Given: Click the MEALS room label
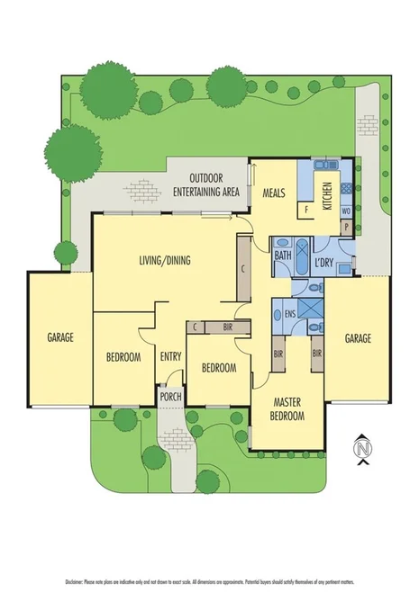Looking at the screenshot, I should click(x=274, y=193).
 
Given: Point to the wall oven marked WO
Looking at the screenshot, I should click(x=345, y=211).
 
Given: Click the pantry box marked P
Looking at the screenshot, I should click(x=345, y=228).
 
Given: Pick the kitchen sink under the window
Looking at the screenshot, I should click(x=323, y=167).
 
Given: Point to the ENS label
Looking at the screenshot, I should click(x=289, y=315).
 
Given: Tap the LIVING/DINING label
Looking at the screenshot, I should click(x=164, y=261).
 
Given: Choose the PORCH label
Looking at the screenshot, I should click(x=169, y=396).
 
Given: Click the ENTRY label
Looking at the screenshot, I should click(x=170, y=357).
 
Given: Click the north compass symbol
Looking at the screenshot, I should click(x=362, y=447).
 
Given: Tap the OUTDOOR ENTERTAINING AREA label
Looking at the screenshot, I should click(x=206, y=184).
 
